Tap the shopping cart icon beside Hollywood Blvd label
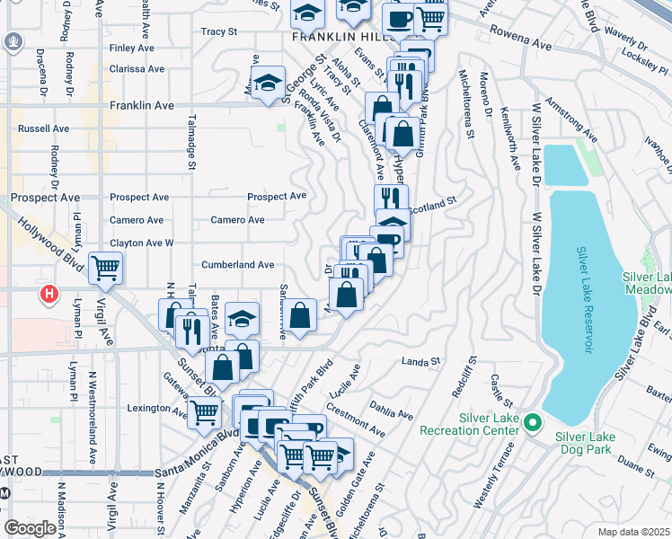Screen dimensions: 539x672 pyautogui.click(x=106, y=267)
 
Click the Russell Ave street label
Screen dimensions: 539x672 pyautogui.click(x=43, y=129)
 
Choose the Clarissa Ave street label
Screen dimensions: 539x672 pyautogui.click(x=137, y=68)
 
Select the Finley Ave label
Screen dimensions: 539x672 pyautogui.click(x=133, y=49)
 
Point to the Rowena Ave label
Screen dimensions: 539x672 pyautogui.click(x=521, y=42)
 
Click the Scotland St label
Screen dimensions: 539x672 pyautogui.click(x=434, y=207)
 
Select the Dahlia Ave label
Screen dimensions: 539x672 pyautogui.click(x=391, y=411)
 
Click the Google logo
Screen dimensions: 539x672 pyautogui.click(x=30, y=528)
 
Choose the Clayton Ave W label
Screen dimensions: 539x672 pyautogui.click(x=141, y=243)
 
